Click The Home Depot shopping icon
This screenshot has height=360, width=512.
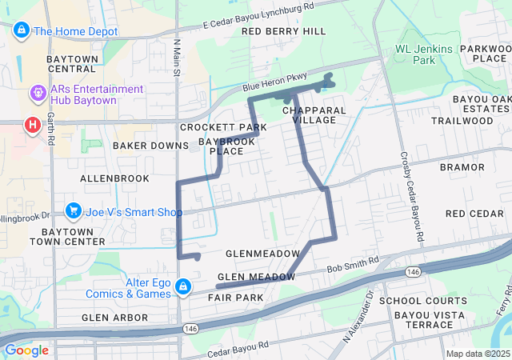point(22,31)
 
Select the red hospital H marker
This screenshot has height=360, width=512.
point(32,125)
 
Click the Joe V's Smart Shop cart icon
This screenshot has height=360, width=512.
point(74,211)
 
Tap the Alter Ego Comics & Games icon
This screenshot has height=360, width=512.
point(183,286)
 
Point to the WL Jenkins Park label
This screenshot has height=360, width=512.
point(426,54)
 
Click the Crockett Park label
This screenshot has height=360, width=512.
point(223,127)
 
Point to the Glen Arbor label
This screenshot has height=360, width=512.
point(114,318)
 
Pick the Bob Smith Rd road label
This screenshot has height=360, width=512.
point(352,264)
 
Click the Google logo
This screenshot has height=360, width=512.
point(26,350)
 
